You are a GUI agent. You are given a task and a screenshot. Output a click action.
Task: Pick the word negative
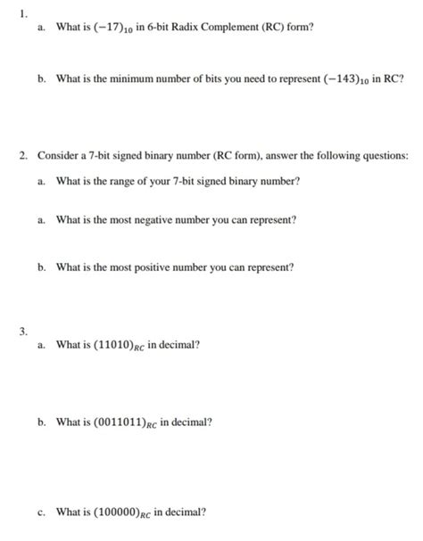161,219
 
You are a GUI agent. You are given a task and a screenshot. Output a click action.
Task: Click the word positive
159,266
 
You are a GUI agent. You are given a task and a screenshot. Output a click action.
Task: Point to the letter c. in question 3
42,512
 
